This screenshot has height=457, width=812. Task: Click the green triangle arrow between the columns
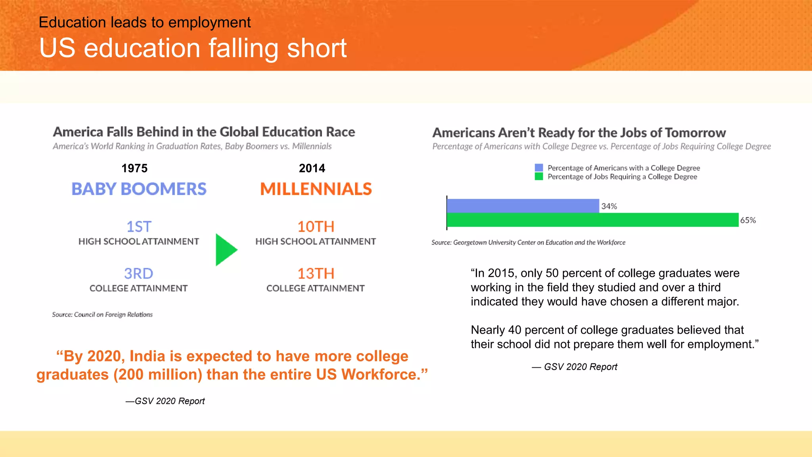coord(225,250)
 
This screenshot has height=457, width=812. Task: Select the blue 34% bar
coord(523,206)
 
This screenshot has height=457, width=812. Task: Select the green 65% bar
coord(592,220)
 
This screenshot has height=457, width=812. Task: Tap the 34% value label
coord(609,206)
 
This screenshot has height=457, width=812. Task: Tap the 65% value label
coord(748,220)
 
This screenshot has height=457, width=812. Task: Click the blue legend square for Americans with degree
coord(538,168)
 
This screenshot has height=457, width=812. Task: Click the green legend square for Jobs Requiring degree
coord(538,177)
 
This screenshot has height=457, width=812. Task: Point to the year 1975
coord(134,168)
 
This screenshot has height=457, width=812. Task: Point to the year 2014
coord(312,168)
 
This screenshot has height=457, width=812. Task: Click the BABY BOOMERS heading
coord(139,189)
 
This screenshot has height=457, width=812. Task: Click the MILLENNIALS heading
coord(316,189)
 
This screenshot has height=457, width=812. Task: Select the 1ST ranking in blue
coord(139,227)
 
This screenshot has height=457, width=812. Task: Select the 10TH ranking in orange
coord(316,227)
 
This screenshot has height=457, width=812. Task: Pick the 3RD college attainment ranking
coord(139,273)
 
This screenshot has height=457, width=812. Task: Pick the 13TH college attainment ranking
coord(316,273)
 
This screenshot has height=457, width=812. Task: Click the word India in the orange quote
coord(147,356)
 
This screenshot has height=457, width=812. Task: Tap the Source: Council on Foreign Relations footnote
coord(102,315)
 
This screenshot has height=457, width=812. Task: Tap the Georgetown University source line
coord(528,242)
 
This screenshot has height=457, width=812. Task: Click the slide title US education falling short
coord(193,48)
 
